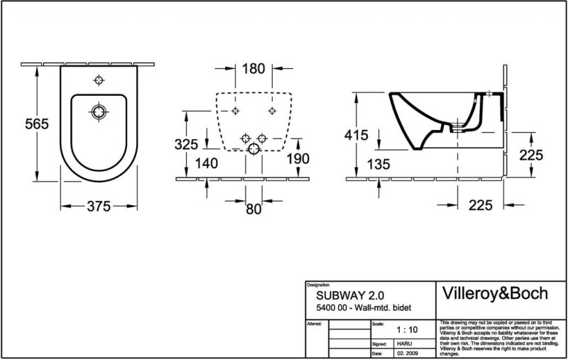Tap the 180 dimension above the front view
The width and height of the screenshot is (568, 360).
coord(253,69)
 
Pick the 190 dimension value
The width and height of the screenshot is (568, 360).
coord(300,158)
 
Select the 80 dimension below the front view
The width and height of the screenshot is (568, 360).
coord(253,208)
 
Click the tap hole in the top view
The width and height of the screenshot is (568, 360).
coord(99,80)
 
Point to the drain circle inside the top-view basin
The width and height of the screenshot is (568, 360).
coord(99,111)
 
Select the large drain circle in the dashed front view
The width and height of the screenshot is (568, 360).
coord(253,149)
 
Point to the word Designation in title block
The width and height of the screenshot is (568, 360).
coord(317,283)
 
